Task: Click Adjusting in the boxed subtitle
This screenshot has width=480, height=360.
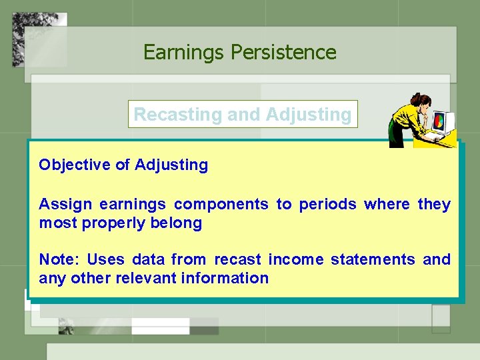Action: click(x=308, y=114)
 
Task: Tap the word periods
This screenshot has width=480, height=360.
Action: click(x=325, y=204)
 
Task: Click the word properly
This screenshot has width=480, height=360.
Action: click(x=113, y=223)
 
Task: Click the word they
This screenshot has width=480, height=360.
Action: click(x=434, y=204)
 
